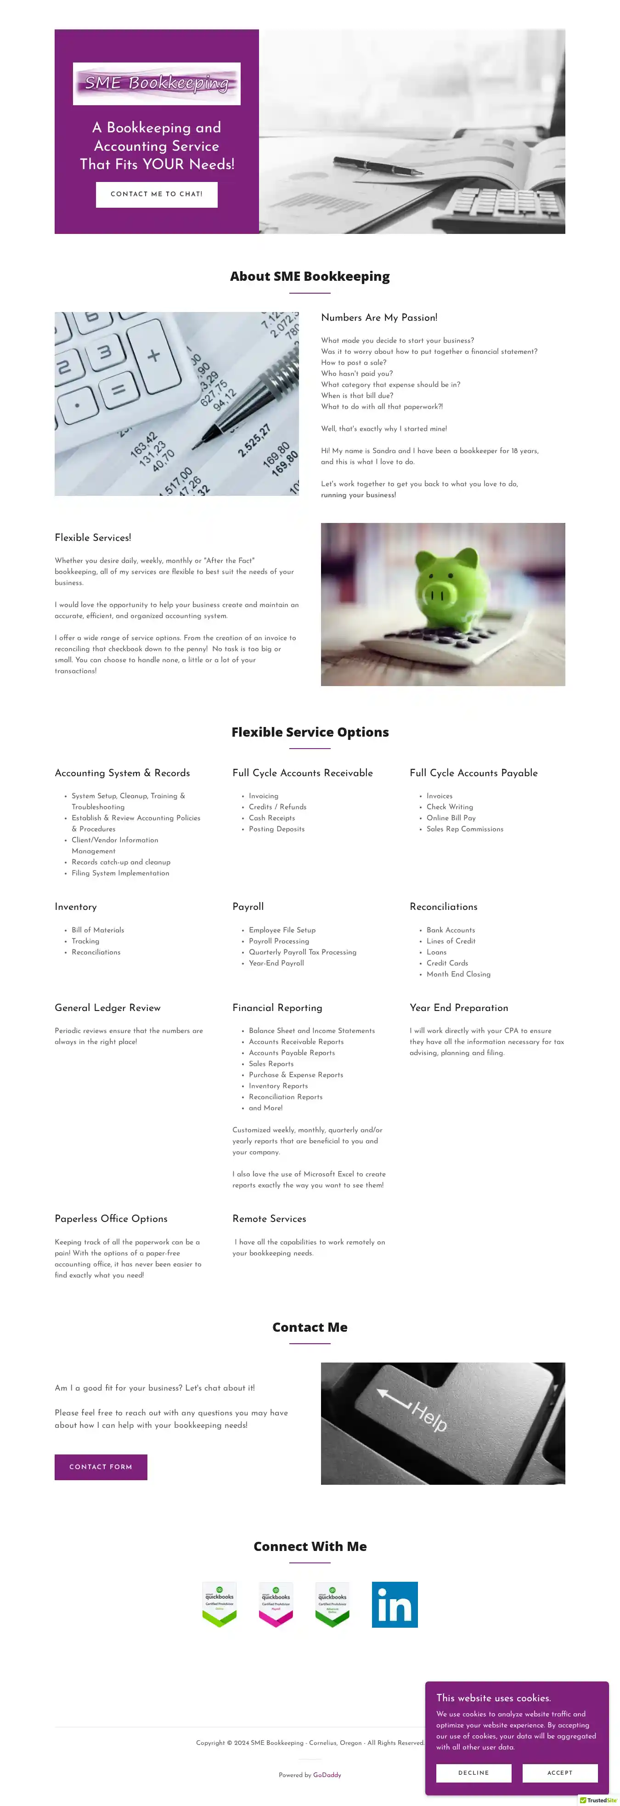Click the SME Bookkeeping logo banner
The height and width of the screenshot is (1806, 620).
pos(156,84)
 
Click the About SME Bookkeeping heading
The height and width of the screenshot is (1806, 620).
pos(310,276)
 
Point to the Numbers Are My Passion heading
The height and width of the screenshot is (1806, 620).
pos(379,318)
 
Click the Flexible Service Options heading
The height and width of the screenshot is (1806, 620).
pos(310,732)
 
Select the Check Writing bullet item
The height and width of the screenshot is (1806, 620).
pos(449,807)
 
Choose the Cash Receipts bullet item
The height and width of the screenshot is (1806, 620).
pos(272,818)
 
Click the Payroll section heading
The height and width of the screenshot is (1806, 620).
pos(248,907)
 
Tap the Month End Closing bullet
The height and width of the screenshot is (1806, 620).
pos(458,975)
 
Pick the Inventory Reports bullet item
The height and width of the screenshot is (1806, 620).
pos(278,1086)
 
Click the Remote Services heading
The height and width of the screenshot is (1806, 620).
pos(269,1219)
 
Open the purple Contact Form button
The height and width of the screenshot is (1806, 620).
pos(101,1467)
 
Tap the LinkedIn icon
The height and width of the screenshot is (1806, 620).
pos(395,1604)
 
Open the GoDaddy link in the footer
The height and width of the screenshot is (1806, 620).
pos(327,1775)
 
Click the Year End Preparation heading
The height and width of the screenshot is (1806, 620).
pos(459,1007)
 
